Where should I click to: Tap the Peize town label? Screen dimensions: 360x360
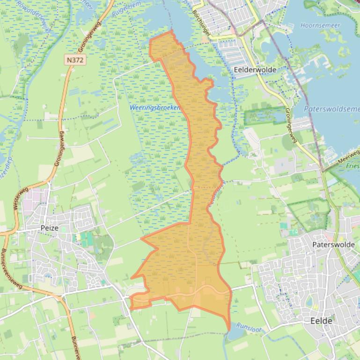(49, 228)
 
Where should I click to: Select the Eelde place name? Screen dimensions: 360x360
(321, 321)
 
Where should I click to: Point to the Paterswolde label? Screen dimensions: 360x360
(334, 245)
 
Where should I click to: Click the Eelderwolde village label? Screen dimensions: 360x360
(254, 70)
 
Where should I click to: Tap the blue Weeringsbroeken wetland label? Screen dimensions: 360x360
(155, 108)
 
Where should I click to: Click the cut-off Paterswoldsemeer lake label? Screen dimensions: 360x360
(331, 108)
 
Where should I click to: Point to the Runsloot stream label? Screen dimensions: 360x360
(249, 327)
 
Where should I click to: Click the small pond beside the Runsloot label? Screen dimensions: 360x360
(233, 336)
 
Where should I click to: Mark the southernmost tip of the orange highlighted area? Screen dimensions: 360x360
(229, 330)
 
